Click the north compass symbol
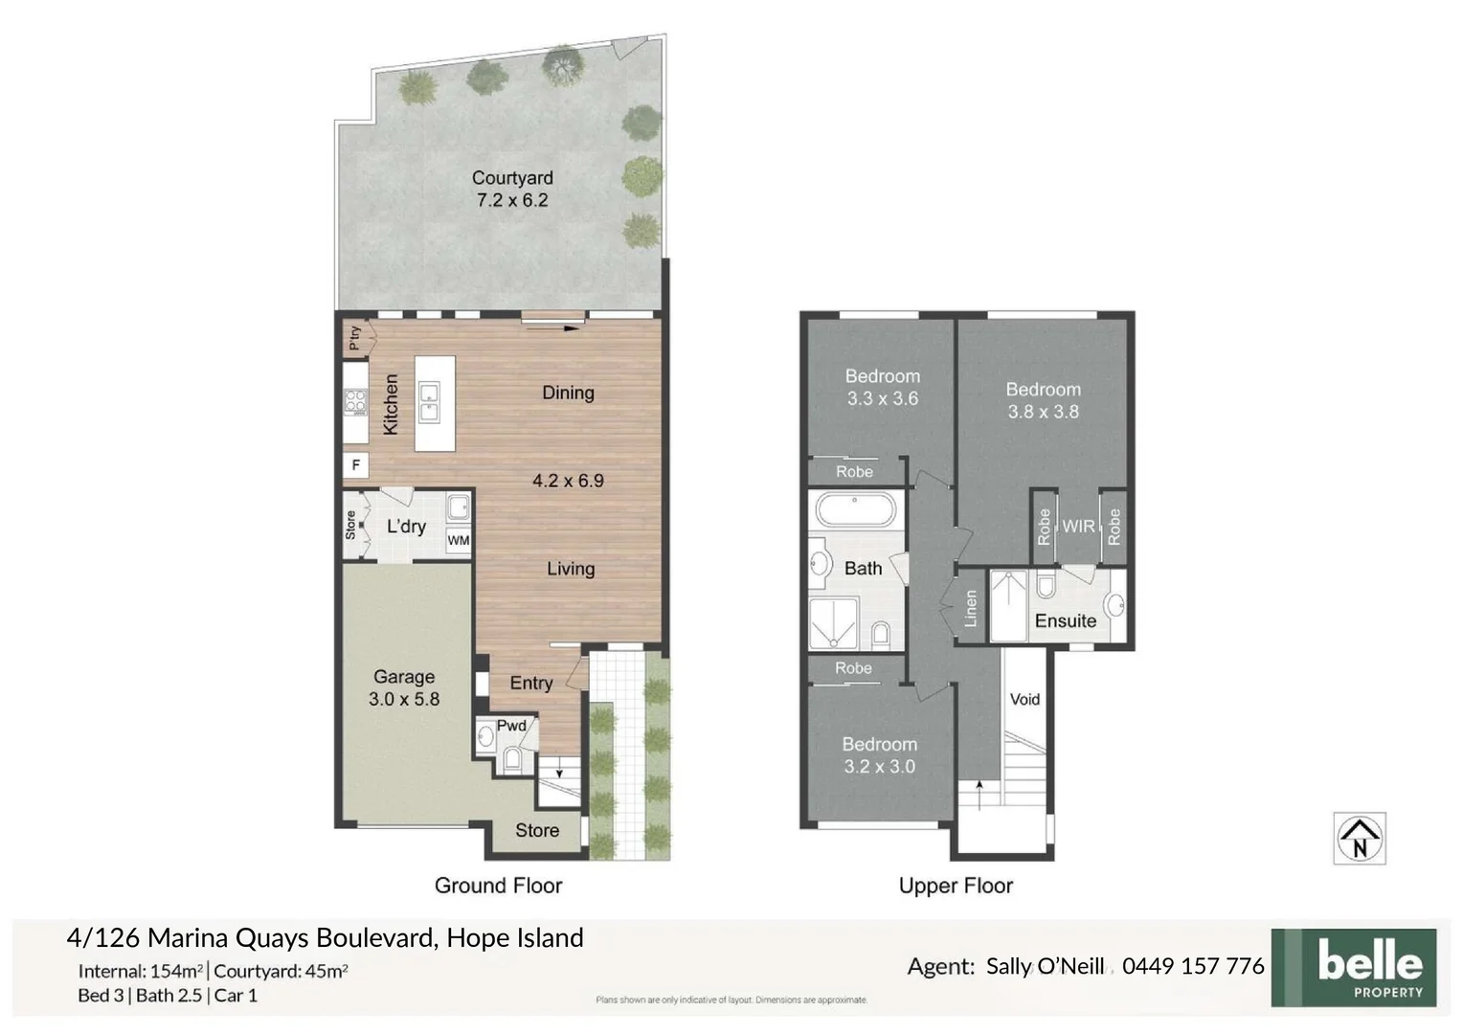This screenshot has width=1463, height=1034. [1360, 839]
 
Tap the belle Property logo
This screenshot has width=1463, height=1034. [1353, 967]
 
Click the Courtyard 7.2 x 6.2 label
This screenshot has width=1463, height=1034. [512, 189]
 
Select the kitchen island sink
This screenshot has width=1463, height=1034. [428, 402]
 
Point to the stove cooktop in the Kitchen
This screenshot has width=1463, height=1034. [356, 402]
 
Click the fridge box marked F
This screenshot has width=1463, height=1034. [356, 466]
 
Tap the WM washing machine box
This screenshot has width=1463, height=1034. [459, 541]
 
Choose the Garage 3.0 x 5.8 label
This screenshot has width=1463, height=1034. [404, 687]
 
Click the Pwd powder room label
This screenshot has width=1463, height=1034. [511, 726]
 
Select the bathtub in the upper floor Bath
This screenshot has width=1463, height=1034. [855, 510]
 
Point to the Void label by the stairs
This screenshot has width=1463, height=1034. [1024, 700]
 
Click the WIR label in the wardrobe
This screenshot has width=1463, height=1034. [1078, 527]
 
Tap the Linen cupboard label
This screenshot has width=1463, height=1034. [971, 608]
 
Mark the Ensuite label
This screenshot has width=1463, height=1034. [1066, 621]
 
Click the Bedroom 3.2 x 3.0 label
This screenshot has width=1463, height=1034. [879, 754]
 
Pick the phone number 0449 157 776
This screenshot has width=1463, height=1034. [1193, 966]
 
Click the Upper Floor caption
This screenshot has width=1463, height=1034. [956, 886]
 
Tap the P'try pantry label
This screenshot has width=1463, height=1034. [355, 337]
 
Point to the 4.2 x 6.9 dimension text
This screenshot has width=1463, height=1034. [568, 481]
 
